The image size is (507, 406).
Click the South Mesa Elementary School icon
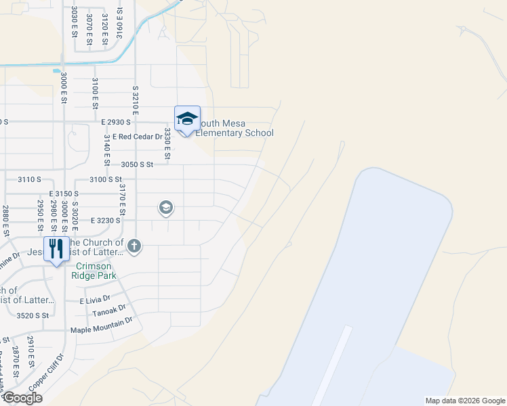point(187,119)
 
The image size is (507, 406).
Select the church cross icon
point(134,246)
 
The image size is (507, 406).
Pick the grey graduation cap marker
point(165,208)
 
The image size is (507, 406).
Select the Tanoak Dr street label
point(110,312)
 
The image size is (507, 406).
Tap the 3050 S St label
point(138,164)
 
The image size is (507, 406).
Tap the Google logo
point(22,397)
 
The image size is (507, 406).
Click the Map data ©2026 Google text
point(464,401)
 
